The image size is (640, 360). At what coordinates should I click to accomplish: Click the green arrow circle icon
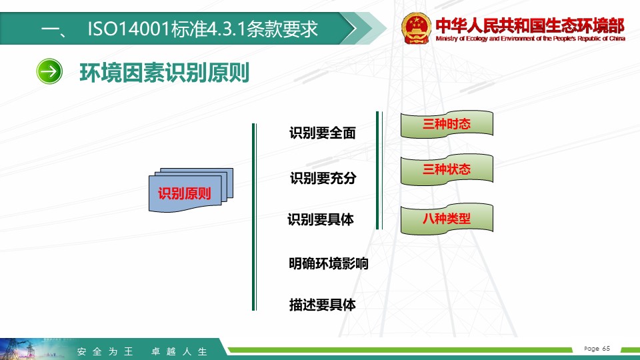(49, 71)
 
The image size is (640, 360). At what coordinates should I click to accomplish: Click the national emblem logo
(416, 28)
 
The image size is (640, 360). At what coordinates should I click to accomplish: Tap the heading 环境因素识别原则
(164, 73)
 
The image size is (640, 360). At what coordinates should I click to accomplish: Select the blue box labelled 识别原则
(191, 190)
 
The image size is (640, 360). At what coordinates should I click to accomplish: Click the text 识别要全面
(323, 133)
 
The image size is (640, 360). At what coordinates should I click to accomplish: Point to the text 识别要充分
(323, 178)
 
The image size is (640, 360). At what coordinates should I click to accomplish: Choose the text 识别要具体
(321, 219)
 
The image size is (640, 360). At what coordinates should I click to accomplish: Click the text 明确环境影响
(329, 264)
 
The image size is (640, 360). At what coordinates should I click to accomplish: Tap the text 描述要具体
(323, 305)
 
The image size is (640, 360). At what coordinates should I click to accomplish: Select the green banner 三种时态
(447, 124)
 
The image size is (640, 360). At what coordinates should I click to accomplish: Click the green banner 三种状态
(447, 169)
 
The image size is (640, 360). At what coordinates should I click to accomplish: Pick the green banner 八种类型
(447, 219)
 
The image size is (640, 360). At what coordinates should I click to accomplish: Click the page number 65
(606, 348)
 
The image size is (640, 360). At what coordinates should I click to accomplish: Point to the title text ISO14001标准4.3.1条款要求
(203, 29)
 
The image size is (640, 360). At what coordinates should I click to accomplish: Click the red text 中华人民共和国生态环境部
(530, 25)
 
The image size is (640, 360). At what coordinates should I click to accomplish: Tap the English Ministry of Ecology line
(530, 39)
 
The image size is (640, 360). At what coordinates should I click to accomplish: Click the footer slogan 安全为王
(105, 351)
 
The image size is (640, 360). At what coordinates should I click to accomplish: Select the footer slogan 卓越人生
(179, 351)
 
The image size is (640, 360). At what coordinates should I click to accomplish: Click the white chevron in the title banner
(349, 28)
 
